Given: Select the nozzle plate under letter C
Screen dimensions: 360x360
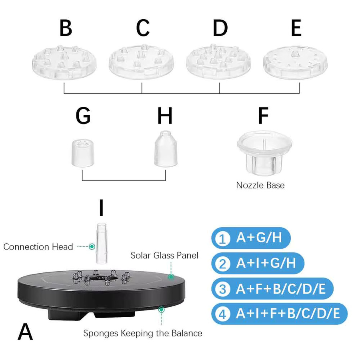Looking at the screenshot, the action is click(x=141, y=62).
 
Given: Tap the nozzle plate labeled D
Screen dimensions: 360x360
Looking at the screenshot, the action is click(x=218, y=62).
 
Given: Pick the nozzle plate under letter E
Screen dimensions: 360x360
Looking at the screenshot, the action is click(x=295, y=63).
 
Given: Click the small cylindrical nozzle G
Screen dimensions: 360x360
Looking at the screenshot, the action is click(x=83, y=153).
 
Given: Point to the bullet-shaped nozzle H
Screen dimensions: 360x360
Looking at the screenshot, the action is click(x=166, y=149).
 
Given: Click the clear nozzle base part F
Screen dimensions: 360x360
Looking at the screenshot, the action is click(x=264, y=152).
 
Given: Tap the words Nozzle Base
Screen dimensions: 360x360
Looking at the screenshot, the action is click(x=260, y=185).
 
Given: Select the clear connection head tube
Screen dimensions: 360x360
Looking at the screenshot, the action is click(x=102, y=243).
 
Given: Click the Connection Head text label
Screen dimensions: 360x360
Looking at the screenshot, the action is click(x=38, y=247).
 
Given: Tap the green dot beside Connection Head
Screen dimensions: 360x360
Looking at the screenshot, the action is click(x=92, y=246).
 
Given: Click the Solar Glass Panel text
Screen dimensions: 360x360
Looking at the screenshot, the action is click(x=164, y=255).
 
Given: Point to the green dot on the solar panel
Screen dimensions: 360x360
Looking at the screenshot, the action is click(x=171, y=277).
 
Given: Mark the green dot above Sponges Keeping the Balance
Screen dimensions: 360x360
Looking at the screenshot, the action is click(x=162, y=310).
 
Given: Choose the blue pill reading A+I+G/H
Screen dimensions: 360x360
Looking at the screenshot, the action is click(x=258, y=263).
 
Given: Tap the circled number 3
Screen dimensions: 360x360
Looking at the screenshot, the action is click(x=222, y=289).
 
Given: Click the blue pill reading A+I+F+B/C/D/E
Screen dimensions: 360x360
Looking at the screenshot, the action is click(x=280, y=314).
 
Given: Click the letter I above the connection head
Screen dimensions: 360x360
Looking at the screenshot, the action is click(x=101, y=208).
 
